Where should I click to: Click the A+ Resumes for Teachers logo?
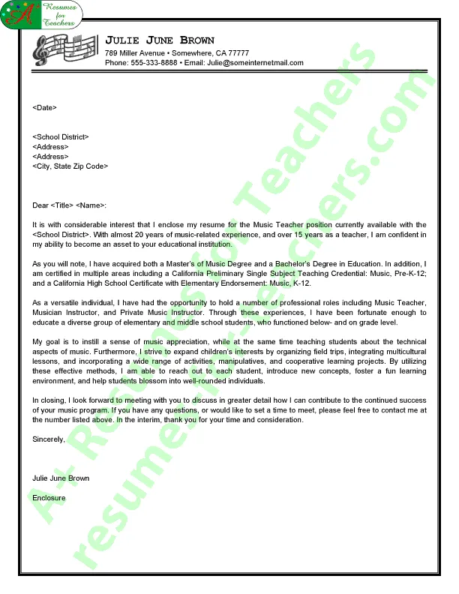(x=42, y=14)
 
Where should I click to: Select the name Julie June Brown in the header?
(x=160, y=40)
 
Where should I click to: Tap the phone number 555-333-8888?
(x=154, y=63)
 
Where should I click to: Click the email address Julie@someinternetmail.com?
(x=255, y=63)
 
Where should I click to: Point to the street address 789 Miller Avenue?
(x=135, y=53)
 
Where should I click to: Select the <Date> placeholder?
(x=45, y=108)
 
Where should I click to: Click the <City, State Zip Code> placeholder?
(x=70, y=166)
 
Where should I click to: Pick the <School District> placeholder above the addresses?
(x=61, y=136)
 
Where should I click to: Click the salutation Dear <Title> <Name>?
(x=70, y=205)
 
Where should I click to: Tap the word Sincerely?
(x=49, y=439)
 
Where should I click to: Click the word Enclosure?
(x=49, y=498)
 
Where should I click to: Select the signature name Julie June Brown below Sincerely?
(x=61, y=478)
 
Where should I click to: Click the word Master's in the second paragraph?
(x=196, y=264)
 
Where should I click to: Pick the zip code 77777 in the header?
(x=238, y=53)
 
